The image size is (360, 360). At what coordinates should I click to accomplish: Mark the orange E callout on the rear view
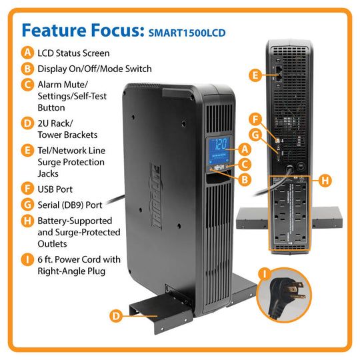tap(255, 76)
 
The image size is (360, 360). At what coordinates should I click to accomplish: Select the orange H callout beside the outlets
tap(324, 179)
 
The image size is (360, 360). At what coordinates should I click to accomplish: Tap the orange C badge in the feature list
tap(27, 85)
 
